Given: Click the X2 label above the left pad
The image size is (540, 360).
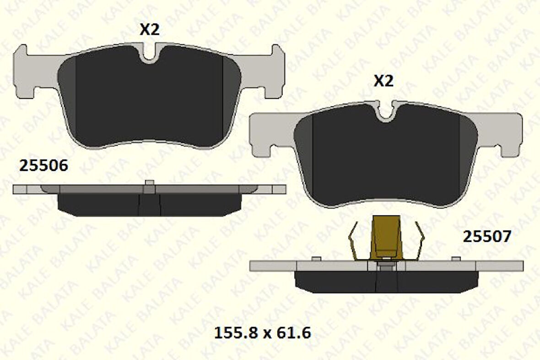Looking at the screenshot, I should pos(149,30).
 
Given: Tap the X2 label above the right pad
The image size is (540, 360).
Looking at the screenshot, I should pos(383,81).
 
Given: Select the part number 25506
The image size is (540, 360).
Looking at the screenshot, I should pos(43,166).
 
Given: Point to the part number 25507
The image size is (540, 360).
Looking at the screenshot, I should pos(487,236).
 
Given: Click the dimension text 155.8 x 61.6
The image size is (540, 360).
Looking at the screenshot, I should pos(263,333).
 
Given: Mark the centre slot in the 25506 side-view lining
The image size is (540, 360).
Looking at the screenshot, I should pos(150,204).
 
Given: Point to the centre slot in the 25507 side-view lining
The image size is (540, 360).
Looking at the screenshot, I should pos(387,281).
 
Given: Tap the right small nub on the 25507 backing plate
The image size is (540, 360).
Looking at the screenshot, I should pos(455,259).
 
